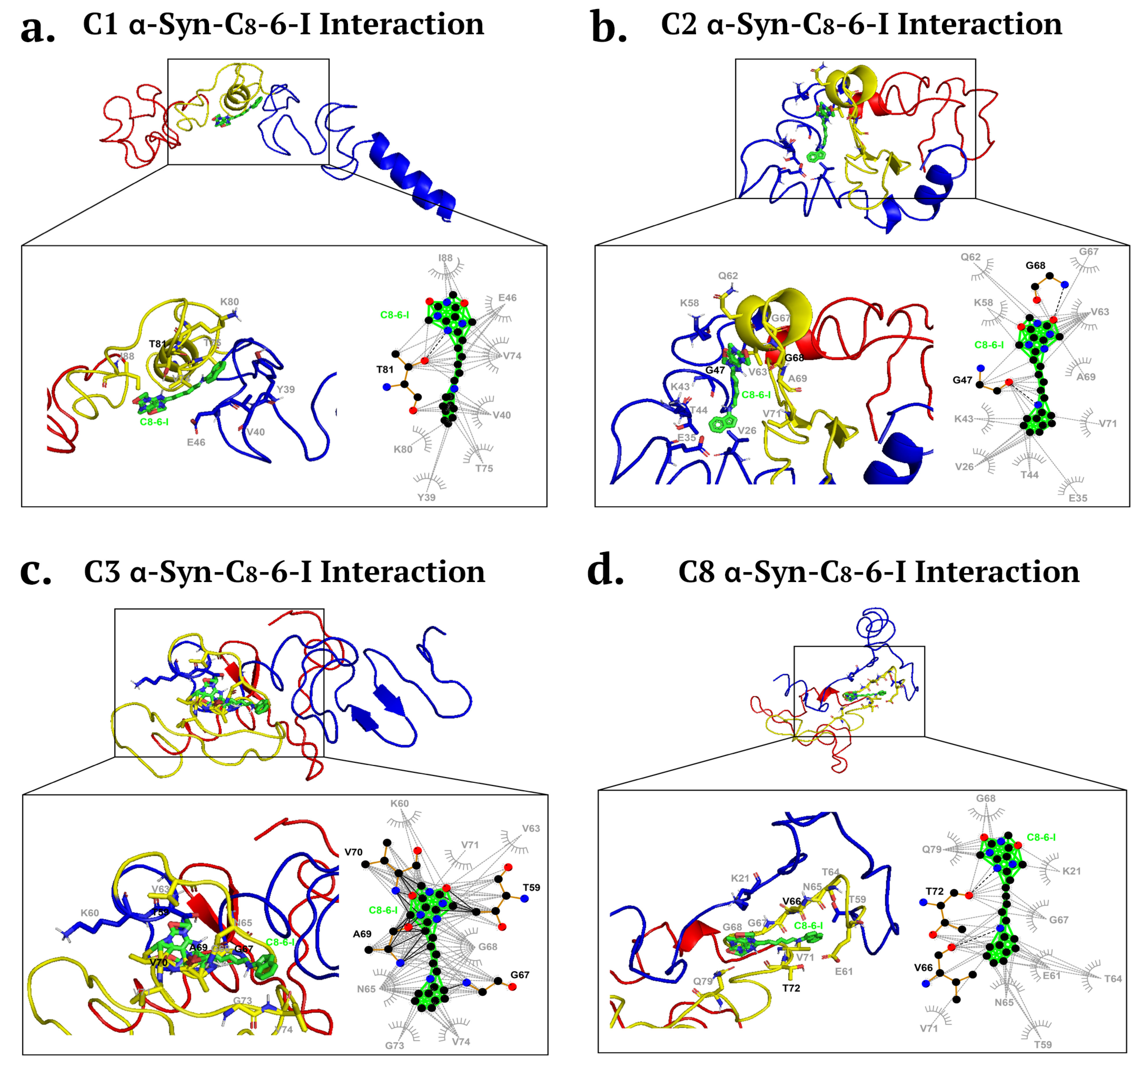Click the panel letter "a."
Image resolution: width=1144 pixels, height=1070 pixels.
coord(37,29)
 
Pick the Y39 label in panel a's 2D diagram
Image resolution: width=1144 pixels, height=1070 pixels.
coord(426,497)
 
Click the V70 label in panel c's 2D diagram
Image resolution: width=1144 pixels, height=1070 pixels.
coord(353,852)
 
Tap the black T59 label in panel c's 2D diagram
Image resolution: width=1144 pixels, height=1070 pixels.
coord(531,888)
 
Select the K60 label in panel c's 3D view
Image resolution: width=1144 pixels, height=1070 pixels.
coord(90,913)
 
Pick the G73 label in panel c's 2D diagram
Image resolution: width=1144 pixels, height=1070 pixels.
coord(395,1045)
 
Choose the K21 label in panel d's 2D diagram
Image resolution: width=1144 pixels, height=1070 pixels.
coord(1071,871)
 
